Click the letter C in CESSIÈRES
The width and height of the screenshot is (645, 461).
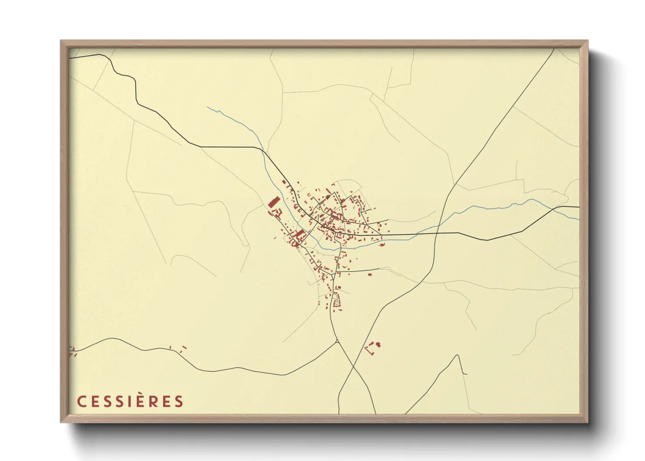point(81,401)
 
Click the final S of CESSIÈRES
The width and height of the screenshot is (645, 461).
point(179,401)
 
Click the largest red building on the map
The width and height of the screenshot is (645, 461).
point(273,203)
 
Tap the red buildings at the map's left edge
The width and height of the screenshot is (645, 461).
point(72,351)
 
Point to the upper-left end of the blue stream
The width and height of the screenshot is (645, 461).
point(208,107)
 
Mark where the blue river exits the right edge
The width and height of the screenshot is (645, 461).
point(578,219)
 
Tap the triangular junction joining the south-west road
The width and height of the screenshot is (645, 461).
point(337,341)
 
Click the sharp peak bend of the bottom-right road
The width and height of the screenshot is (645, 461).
point(457,355)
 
